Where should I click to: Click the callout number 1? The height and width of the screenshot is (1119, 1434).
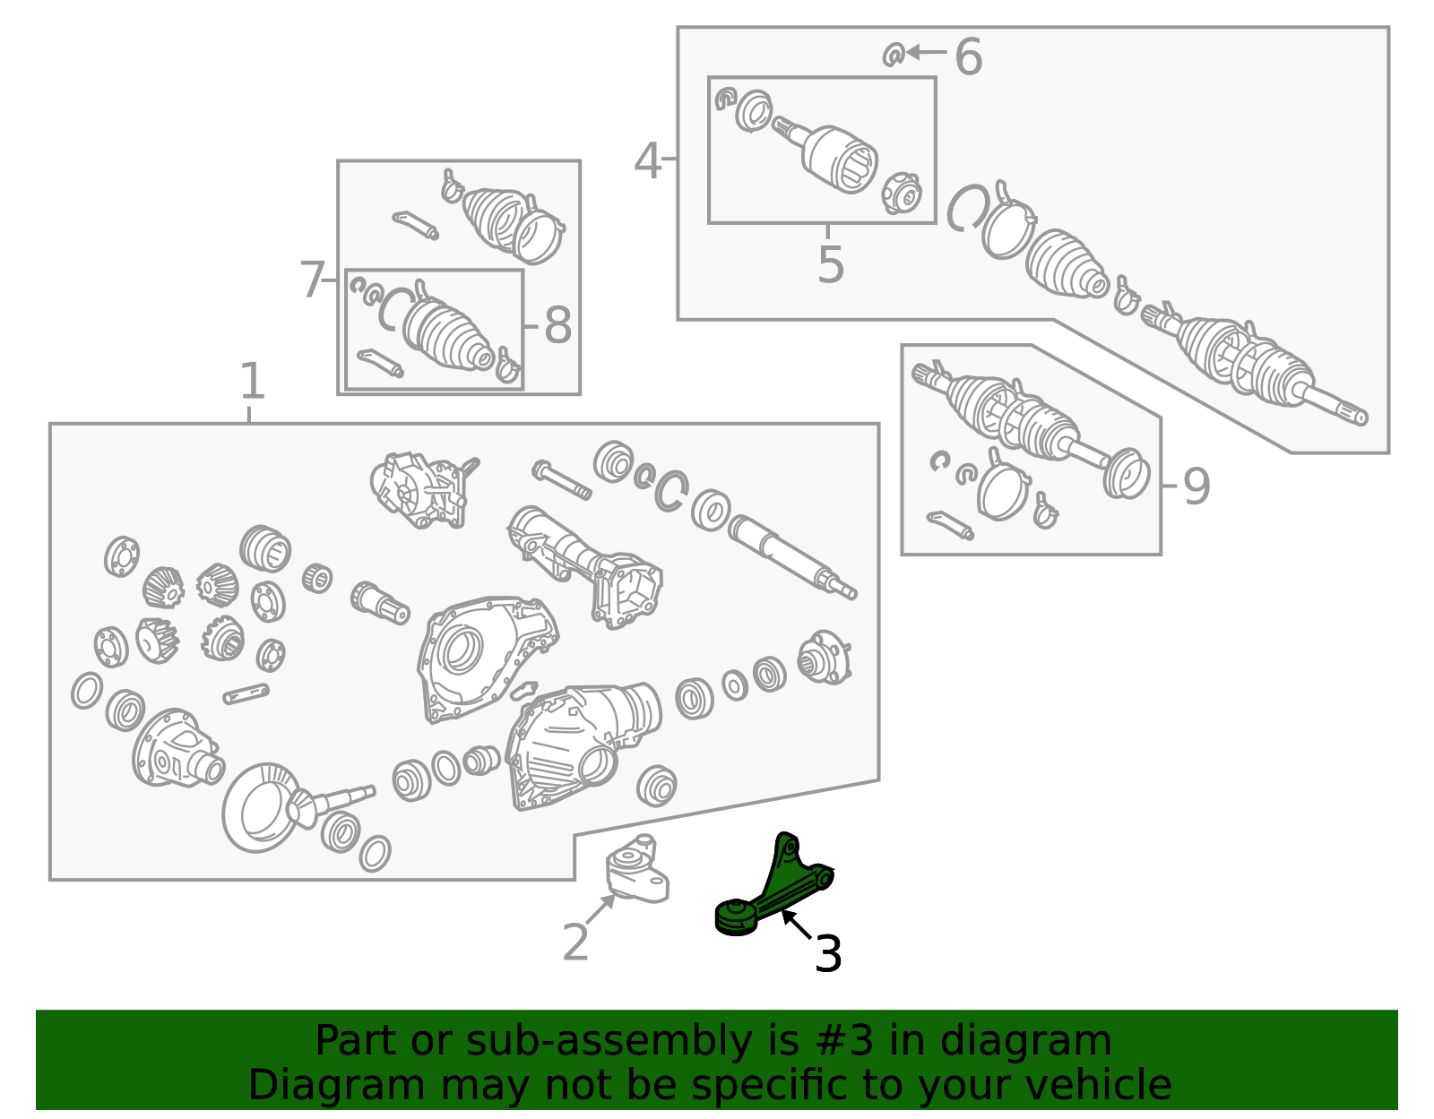click(x=252, y=381)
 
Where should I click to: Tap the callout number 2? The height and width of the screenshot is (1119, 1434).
click(x=575, y=943)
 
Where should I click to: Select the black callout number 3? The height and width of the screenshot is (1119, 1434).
click(x=828, y=953)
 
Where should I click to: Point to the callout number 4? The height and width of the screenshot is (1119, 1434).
click(x=647, y=161)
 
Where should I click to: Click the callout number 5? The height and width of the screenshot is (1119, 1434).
click(x=831, y=264)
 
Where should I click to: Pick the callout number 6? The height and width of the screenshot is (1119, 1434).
click(x=969, y=56)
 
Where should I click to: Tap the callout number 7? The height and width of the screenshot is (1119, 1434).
click(x=312, y=280)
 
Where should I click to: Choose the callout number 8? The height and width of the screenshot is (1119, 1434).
click(x=557, y=326)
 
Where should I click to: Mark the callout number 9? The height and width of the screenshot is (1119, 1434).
click(x=1196, y=487)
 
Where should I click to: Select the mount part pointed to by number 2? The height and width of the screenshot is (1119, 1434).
click(x=637, y=868)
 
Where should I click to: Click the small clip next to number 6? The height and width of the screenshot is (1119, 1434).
click(x=894, y=55)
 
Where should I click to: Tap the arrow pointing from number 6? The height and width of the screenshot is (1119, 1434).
click(x=927, y=51)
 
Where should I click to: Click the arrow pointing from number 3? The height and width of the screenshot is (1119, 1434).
click(x=797, y=923)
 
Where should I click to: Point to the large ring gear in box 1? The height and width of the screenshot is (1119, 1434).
click(x=259, y=807)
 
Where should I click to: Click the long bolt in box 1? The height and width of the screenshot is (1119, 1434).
click(x=562, y=479)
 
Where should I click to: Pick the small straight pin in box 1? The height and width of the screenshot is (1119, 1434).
click(x=246, y=694)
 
